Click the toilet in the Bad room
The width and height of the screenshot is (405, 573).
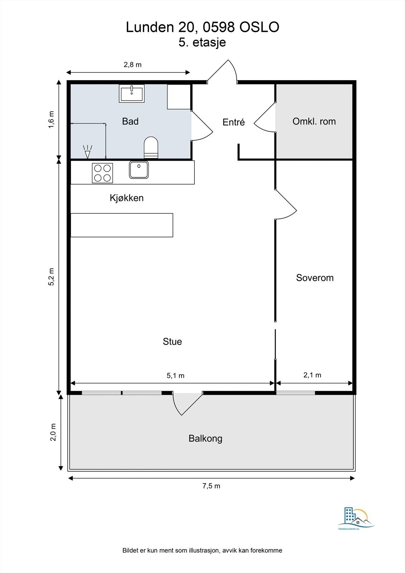coord(151,148)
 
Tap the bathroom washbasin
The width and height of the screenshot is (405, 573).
coord(131,93)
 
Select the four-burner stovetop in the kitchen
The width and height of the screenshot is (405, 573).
coord(102,173)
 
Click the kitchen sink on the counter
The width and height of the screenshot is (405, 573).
coord(139,169)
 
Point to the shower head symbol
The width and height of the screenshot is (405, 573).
coord(87,152)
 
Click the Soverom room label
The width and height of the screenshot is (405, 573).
coord(315,278)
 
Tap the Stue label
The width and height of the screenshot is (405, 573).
coord(172,342)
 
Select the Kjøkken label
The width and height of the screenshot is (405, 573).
coord(127,198)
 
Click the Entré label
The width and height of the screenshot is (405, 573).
coord(233,122)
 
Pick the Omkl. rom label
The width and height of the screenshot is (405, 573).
coord(314,121)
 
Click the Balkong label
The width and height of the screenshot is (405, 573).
coord(206,438)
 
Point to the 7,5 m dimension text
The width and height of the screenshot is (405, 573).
coord(211,486)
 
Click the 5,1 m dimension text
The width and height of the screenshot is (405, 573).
coord(175,376)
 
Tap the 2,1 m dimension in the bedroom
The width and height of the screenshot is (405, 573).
coord(312,375)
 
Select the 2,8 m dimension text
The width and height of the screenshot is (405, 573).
coord(132,64)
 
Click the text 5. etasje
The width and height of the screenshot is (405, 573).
coord(202,42)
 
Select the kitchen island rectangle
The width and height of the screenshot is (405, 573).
coord(122,225)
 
